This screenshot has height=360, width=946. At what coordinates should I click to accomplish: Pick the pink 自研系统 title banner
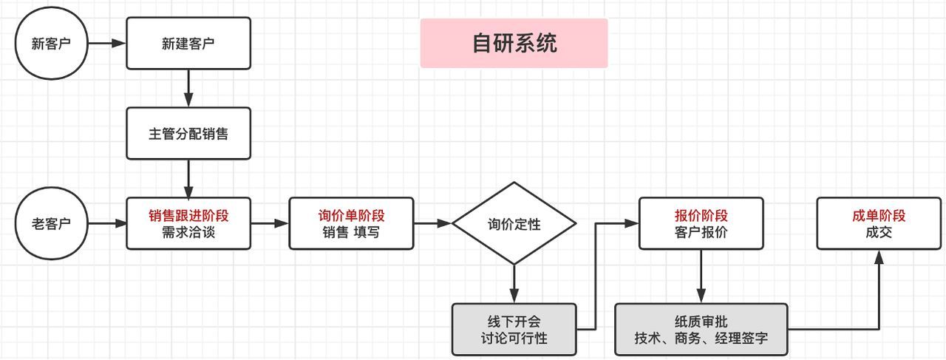point(514,43)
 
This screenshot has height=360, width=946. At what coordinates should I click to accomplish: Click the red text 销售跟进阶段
point(188,216)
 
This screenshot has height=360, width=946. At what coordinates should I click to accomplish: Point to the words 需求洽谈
point(188,232)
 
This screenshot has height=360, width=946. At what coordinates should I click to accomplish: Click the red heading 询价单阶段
point(351,216)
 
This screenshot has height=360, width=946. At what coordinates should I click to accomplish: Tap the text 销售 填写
point(351,232)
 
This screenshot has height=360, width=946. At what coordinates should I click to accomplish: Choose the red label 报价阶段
point(701,216)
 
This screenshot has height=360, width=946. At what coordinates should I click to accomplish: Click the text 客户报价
point(701,232)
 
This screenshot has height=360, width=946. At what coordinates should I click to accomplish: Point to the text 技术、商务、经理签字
point(701,338)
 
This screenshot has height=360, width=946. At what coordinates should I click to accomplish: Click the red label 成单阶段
point(879,216)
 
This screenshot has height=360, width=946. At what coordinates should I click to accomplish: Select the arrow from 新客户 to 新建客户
point(107,43)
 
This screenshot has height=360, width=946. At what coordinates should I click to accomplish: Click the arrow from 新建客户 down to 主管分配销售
point(188,88)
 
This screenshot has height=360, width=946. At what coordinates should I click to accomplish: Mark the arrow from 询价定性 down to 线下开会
point(514,284)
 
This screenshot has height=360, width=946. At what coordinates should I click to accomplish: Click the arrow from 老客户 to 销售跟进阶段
point(107,223)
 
